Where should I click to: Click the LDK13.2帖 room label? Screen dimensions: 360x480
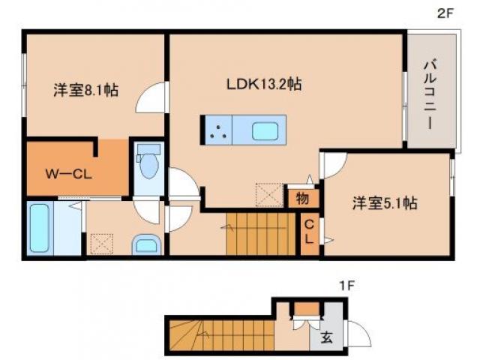pyautogui.click(x=265, y=85)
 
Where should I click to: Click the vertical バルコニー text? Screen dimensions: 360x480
pyautogui.click(x=431, y=93)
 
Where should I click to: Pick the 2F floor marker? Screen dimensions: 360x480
pyautogui.click(x=446, y=13)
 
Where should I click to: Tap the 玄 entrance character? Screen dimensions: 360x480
pyautogui.click(x=328, y=337)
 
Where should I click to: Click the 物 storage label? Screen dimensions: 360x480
pyautogui.click(x=301, y=199)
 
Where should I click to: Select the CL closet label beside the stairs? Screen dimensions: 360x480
pyautogui.click(x=308, y=232)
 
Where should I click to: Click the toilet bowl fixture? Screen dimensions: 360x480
pyautogui.click(x=148, y=164)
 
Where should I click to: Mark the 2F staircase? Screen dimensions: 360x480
pyautogui.click(x=258, y=233)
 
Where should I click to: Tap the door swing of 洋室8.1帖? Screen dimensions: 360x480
pyautogui.click(x=152, y=97)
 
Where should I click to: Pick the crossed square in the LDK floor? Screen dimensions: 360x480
pyautogui.click(x=267, y=194)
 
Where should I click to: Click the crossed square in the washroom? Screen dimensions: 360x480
pyautogui.click(x=100, y=244)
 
